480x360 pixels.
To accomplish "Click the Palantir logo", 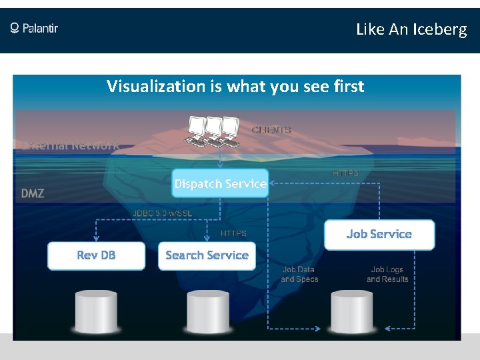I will [x=34, y=28].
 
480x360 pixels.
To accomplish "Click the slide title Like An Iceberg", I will [x=411, y=29].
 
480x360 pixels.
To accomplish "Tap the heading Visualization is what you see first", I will [x=235, y=86].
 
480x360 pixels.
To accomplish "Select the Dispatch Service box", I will [x=220, y=183].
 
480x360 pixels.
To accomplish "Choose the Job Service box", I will [x=379, y=234].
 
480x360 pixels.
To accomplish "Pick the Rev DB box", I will [x=96, y=255].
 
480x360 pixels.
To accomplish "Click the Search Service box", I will [x=207, y=255].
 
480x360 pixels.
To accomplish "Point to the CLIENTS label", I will [x=271, y=130].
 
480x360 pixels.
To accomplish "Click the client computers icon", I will [x=213, y=131].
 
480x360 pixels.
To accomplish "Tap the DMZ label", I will [x=33, y=193].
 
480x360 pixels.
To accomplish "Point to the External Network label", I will [x=70, y=145].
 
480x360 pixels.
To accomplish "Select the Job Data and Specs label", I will [x=299, y=275].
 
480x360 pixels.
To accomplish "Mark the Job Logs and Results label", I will [x=387, y=275].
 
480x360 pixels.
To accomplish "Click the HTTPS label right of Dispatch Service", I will [x=345, y=173].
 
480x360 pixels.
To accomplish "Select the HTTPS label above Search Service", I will [x=233, y=233].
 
